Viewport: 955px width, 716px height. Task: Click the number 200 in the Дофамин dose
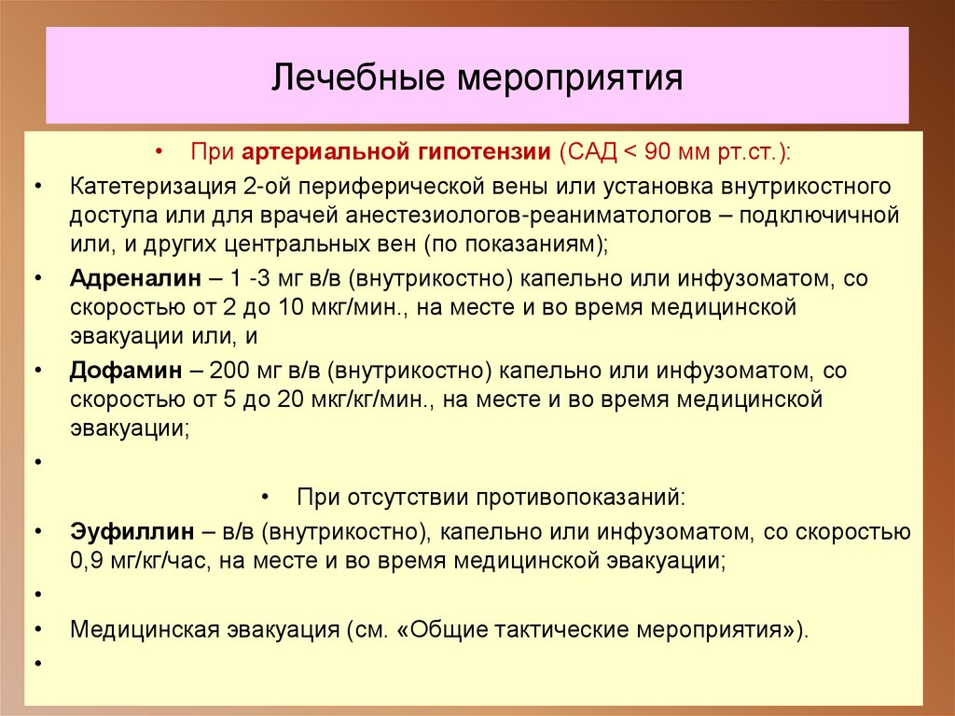pyautogui.click(x=228, y=371)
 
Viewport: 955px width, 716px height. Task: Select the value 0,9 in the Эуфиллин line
pyautogui.click(x=86, y=562)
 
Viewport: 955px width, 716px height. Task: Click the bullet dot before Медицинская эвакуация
pyautogui.click(x=38, y=628)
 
